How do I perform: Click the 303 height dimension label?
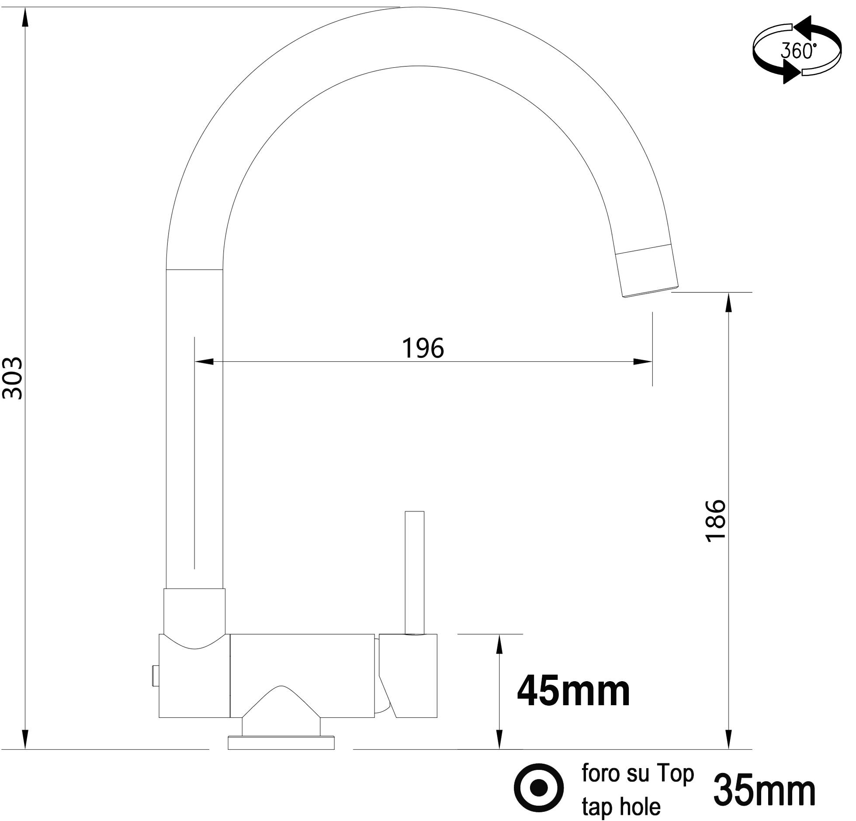(x=12, y=378)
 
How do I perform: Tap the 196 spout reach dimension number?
(x=423, y=348)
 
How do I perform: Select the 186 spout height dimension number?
(x=715, y=521)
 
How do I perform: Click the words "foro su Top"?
(x=638, y=773)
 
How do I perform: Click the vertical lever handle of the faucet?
(x=414, y=572)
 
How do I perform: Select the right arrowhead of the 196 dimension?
(x=642, y=361)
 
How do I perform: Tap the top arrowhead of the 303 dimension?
(x=25, y=17)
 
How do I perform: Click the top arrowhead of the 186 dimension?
(x=728, y=302)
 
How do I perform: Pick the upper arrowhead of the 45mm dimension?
(x=500, y=644)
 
